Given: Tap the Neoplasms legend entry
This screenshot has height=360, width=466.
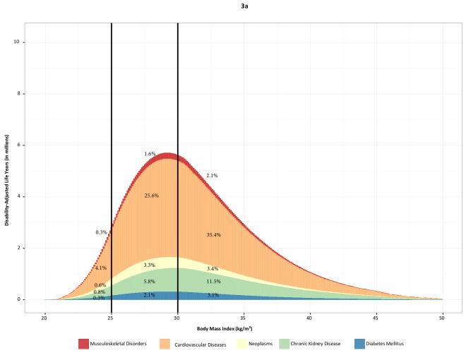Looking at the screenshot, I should point(270,344).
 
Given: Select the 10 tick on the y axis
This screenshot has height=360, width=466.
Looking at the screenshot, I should point(16,42).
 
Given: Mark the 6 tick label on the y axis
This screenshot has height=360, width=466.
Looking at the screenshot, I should point(17,145).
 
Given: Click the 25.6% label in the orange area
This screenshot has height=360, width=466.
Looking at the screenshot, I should point(151,196).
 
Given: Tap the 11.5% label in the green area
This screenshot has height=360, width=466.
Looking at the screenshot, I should point(213,282).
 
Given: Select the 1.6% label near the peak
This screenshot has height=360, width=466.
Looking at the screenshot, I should point(150,153).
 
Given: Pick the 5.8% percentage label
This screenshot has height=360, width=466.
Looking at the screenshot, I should point(149,282).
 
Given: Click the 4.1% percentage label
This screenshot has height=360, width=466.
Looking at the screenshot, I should point(100,268).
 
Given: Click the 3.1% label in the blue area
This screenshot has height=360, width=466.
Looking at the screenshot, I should point(213,295).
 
